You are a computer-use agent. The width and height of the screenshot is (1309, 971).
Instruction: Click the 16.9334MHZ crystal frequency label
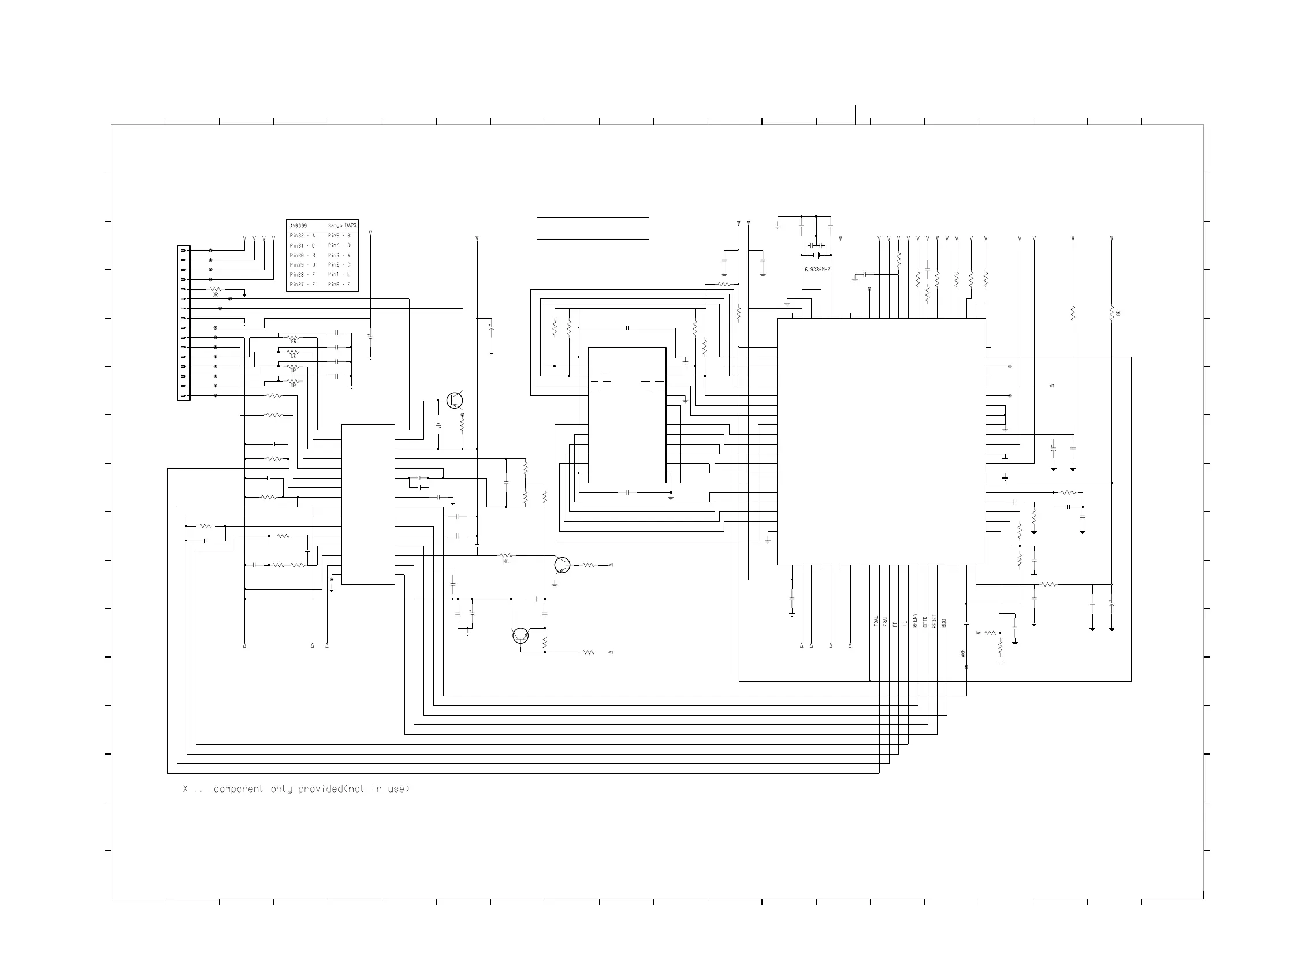(x=816, y=270)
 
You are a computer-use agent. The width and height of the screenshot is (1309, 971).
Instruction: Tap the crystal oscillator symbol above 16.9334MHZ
(x=816, y=255)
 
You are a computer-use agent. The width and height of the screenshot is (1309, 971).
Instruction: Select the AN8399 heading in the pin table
(x=298, y=226)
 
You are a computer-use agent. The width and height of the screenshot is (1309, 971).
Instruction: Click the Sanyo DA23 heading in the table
(x=341, y=226)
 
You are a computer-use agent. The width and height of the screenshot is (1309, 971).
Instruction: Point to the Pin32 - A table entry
(x=302, y=236)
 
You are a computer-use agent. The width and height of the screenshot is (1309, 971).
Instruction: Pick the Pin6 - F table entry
(x=339, y=285)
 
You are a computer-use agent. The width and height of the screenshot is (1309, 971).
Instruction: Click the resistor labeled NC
(x=505, y=555)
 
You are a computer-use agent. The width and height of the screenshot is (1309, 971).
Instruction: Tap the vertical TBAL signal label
(x=876, y=621)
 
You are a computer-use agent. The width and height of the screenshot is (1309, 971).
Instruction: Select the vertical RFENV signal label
(x=915, y=621)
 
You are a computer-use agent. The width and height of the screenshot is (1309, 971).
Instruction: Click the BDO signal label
(x=944, y=623)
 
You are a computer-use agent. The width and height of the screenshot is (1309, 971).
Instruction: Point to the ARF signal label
(x=962, y=653)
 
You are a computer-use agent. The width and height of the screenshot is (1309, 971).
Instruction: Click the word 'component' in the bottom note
(x=238, y=789)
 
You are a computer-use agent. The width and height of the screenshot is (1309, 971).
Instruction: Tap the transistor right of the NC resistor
(x=562, y=565)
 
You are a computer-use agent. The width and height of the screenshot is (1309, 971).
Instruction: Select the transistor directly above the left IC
(x=454, y=401)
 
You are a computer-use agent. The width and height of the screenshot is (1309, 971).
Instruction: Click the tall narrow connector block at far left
(x=184, y=323)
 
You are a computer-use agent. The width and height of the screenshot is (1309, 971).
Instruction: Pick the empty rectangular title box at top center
(x=592, y=228)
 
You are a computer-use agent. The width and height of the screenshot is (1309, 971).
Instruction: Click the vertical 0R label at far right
(x=1118, y=313)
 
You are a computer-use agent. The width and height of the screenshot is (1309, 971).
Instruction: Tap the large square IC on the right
(x=881, y=442)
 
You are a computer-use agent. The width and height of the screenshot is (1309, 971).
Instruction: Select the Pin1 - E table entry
(x=339, y=274)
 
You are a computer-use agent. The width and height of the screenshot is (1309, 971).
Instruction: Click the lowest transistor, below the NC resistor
(x=520, y=636)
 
